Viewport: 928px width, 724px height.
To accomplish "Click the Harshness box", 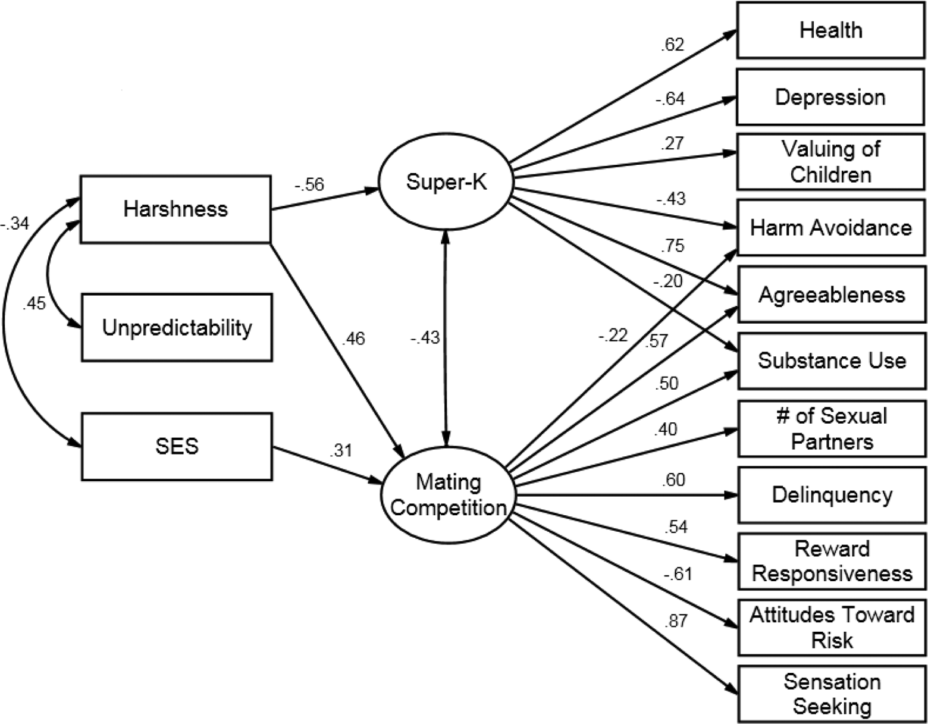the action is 175,209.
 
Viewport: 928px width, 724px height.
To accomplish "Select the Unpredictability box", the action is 177,327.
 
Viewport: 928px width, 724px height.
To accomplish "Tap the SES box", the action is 177,447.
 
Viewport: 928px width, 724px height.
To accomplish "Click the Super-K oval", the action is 446,182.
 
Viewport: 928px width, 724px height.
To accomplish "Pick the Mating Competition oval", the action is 449,495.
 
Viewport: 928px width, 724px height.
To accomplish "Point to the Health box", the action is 830,30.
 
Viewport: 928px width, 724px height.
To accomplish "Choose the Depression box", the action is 830,98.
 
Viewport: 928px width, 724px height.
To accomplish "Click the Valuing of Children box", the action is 830,162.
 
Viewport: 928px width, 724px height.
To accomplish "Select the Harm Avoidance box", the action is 831,227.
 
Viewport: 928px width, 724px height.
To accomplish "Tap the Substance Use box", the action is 832,361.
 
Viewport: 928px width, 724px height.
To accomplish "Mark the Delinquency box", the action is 832,495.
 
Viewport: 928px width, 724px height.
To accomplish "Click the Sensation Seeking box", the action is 832,694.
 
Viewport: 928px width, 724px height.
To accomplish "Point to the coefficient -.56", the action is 309,184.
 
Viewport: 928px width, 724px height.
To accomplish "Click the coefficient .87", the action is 676,621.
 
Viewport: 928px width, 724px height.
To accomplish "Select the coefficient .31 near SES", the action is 341,450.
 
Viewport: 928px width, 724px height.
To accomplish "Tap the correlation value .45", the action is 34,303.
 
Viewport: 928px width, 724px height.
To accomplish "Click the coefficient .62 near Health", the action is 672,45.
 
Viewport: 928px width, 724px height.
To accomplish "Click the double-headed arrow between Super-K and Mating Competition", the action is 446,339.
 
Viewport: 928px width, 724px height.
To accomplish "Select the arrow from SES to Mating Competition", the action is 327,466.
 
